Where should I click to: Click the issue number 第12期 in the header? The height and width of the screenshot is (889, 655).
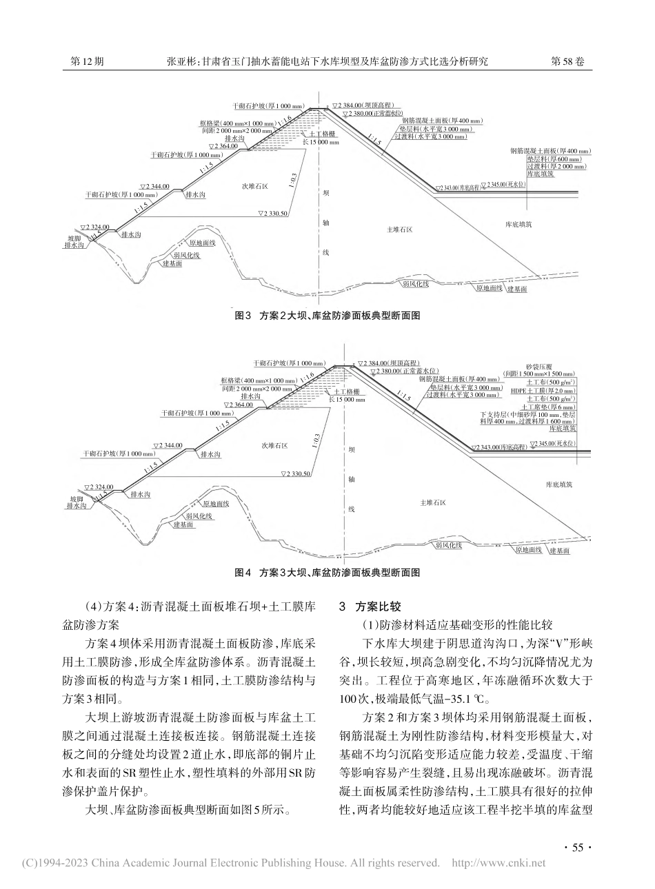pyautogui.click(x=88, y=61)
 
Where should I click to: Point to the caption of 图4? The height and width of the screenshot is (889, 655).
pyautogui.click(x=327, y=572)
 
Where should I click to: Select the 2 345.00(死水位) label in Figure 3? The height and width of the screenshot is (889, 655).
pyautogui.click(x=510, y=185)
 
